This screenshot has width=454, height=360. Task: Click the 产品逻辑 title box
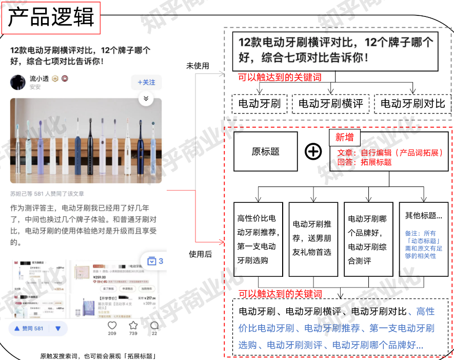(x=52, y=17)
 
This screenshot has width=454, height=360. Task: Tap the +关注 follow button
(x=146, y=82)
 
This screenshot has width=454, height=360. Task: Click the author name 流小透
(x=39, y=79)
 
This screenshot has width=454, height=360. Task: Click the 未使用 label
(x=198, y=66)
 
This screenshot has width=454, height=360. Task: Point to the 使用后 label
(x=200, y=254)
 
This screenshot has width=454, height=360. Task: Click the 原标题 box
(x=265, y=151)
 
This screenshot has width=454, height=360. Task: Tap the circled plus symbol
(x=313, y=151)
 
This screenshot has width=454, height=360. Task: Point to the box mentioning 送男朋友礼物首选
(x=312, y=239)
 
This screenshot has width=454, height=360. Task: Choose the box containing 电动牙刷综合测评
(x=368, y=239)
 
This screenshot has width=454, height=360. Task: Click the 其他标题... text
(x=423, y=216)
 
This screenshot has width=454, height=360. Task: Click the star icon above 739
(x=133, y=325)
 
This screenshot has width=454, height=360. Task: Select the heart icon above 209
(x=112, y=325)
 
